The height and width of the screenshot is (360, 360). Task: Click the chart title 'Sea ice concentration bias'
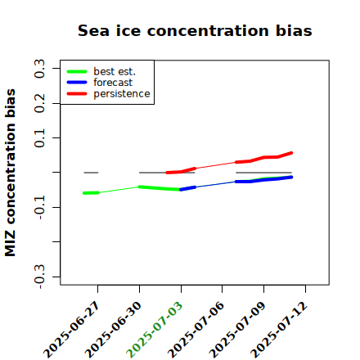pyautogui.click(x=195, y=30)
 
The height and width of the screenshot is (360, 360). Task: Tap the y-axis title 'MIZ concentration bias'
pyautogui.click(x=11, y=173)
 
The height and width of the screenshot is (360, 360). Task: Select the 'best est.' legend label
pyautogui.click(x=115, y=71)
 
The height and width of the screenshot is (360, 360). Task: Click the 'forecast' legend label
pyautogui.click(x=113, y=83)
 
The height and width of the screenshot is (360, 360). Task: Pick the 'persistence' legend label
pyautogui.click(x=122, y=94)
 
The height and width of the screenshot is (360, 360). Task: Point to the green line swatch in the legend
pyautogui.click(x=77, y=72)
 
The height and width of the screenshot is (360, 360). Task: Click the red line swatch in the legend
pyautogui.click(x=77, y=94)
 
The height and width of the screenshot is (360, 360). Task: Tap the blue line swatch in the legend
pyautogui.click(x=77, y=83)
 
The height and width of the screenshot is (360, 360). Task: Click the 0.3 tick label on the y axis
pyautogui.click(x=40, y=68)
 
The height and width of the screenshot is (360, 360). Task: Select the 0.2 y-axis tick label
pyautogui.click(x=40, y=103)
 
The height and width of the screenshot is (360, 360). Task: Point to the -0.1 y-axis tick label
pyautogui.click(x=40, y=207)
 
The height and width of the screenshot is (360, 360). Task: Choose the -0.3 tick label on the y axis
pyautogui.click(x=40, y=277)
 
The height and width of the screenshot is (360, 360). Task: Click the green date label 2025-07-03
pyautogui.click(x=155, y=330)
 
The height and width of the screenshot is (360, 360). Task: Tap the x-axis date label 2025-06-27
pyautogui.click(x=71, y=330)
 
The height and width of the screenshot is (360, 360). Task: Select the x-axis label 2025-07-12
pyautogui.click(x=279, y=330)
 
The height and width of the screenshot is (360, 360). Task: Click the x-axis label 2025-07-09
pyautogui.click(x=237, y=330)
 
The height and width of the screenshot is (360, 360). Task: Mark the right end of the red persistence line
pyautogui.click(x=291, y=153)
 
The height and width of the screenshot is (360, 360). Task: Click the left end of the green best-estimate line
pyautogui.click(x=84, y=193)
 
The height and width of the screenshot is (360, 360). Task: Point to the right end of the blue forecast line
pyautogui.click(x=291, y=178)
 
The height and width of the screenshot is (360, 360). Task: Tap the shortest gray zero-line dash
pyautogui.click(x=91, y=173)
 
